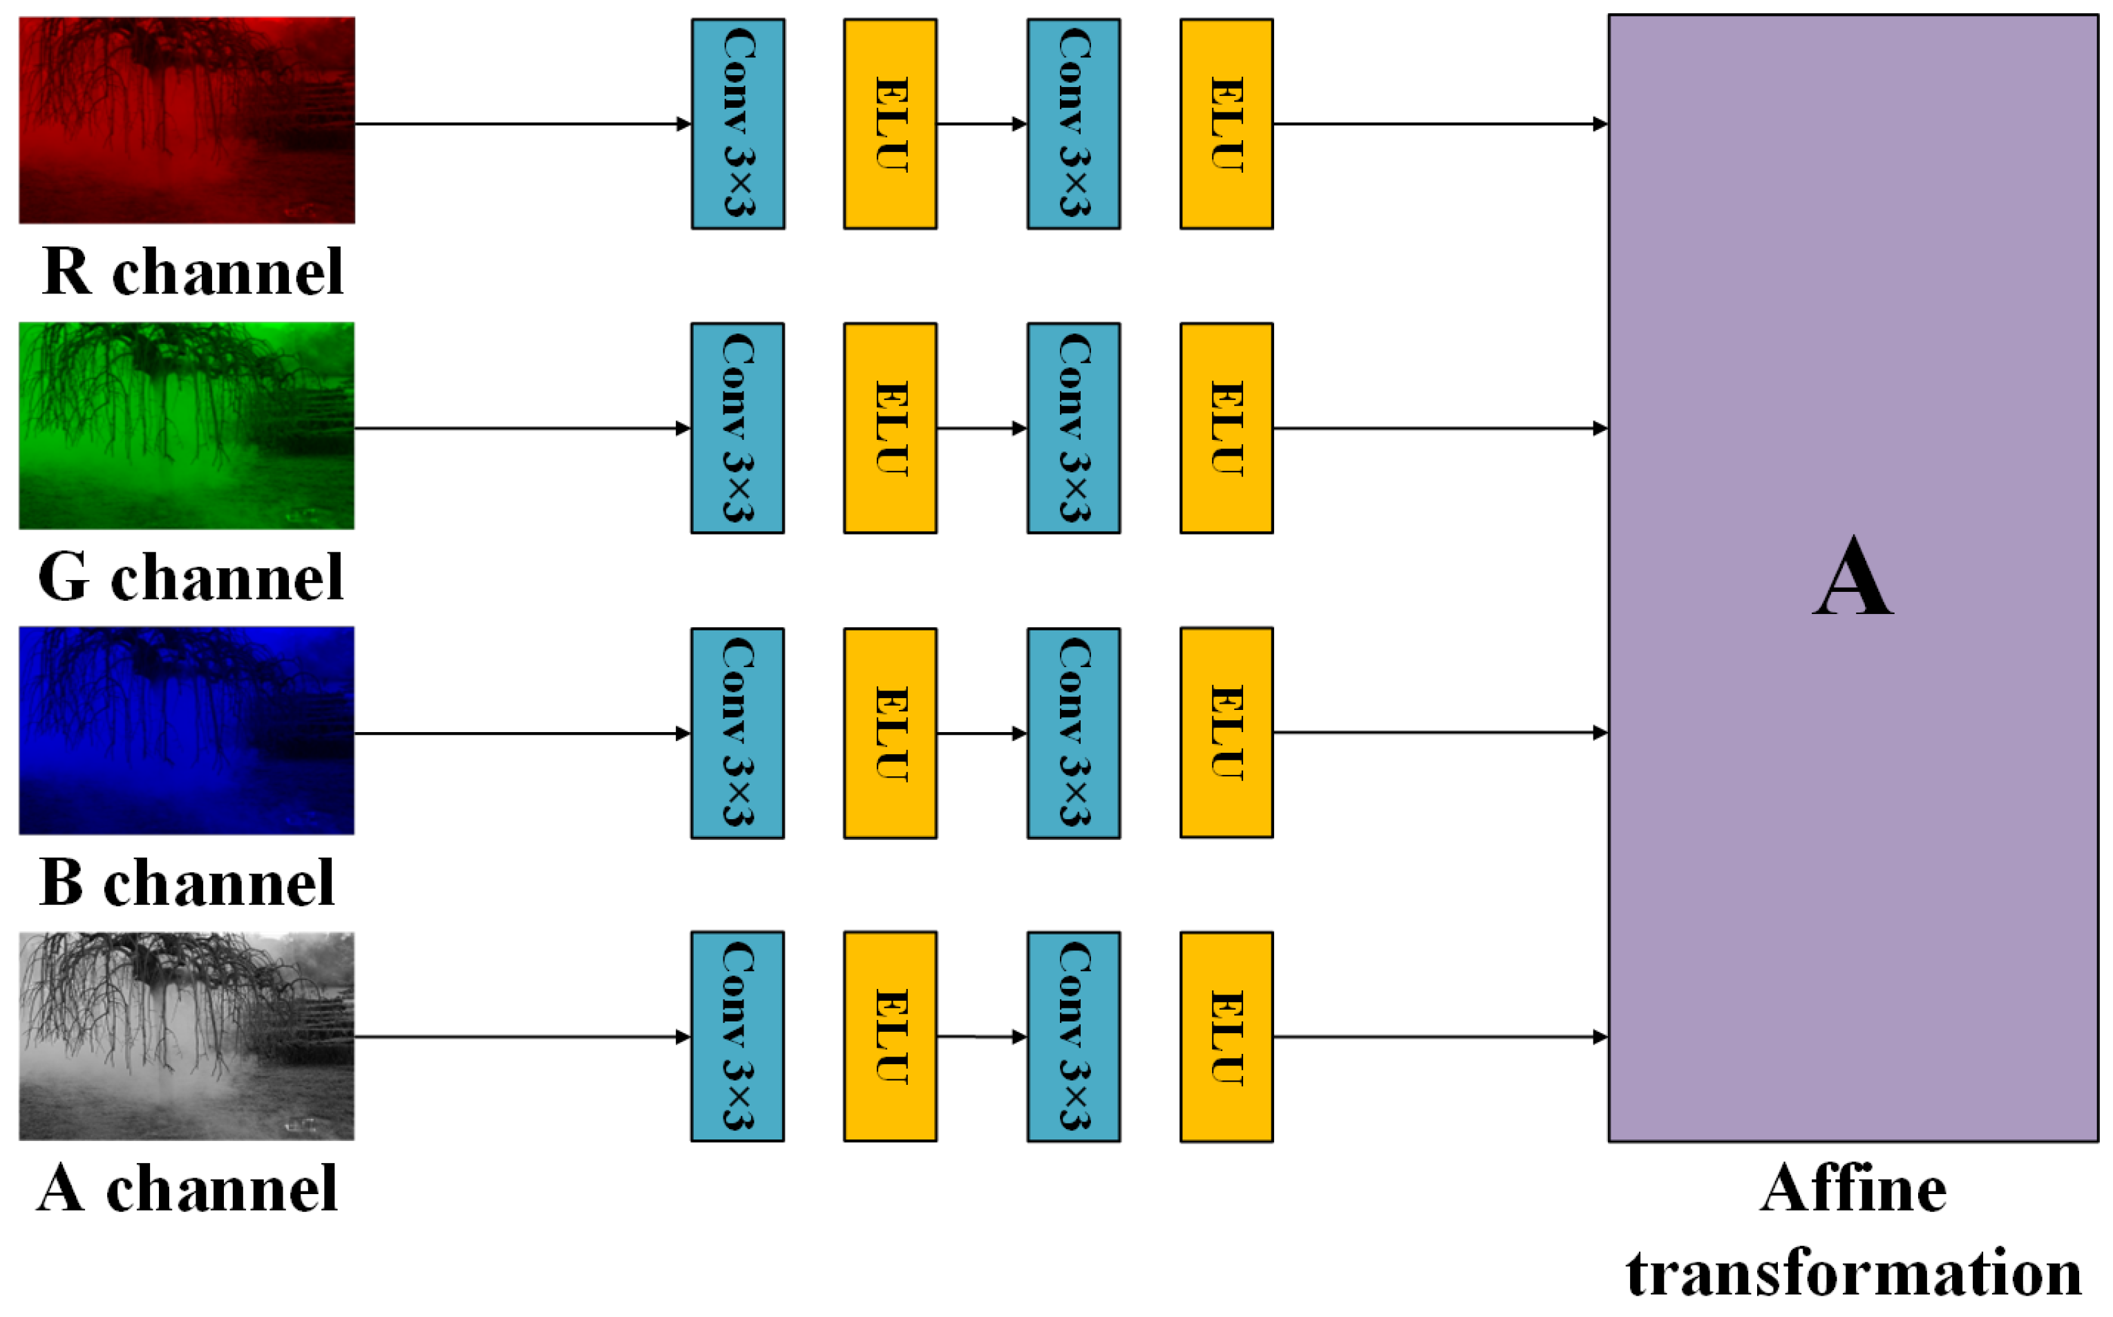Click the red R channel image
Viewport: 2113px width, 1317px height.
(187, 120)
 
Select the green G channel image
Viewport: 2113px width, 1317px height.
(187, 425)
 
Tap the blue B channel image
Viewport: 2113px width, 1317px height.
(187, 730)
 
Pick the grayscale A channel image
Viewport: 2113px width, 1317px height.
(187, 1036)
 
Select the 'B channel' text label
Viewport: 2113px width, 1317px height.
(187, 883)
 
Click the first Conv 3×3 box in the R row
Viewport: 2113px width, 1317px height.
(737, 124)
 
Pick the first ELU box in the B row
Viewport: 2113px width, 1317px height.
(890, 733)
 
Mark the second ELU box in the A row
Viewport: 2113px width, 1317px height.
(1226, 1037)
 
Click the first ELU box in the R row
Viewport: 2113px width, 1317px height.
(890, 124)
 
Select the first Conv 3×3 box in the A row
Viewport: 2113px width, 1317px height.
(737, 1037)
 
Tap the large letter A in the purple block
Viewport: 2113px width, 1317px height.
(1852, 577)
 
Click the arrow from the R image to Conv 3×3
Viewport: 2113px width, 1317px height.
(523, 124)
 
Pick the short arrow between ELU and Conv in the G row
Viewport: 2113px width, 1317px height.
(982, 427)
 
